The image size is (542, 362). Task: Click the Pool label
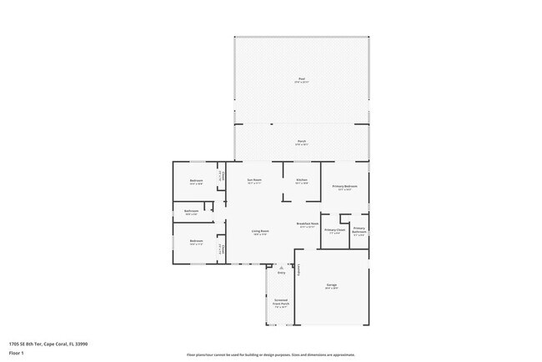[301, 79]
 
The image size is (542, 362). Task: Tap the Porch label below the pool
[301, 141]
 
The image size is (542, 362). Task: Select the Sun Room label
[254, 180]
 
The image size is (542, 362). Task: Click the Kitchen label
[302, 180]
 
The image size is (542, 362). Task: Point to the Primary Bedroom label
[345, 187]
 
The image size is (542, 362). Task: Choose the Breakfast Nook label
[306, 224]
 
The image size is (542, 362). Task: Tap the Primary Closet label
[334, 229]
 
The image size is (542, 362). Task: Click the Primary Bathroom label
[359, 229]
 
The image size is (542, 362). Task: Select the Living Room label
[260, 231]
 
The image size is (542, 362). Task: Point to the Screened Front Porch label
[281, 303]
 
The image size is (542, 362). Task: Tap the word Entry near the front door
[281, 273]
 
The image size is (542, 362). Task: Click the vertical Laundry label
[299, 269]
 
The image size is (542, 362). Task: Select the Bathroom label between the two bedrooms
[191, 211]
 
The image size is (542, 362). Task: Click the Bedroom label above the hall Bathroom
[196, 180]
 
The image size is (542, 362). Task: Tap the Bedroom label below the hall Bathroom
[196, 242]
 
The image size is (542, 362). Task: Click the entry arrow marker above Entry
[280, 267]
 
